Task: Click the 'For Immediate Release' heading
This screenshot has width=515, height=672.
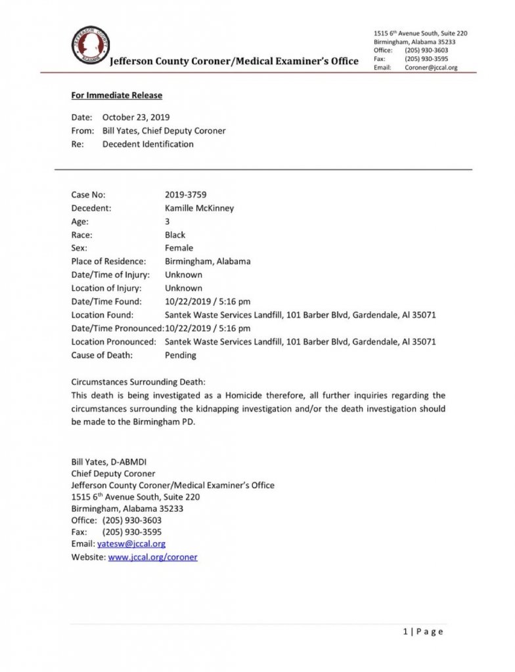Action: tap(116, 95)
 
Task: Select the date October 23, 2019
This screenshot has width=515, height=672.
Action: tap(136, 117)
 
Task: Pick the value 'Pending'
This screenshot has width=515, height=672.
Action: tap(181, 355)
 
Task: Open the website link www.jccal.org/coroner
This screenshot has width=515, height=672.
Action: tap(152, 557)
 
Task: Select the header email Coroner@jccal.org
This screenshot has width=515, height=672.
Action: tap(432, 68)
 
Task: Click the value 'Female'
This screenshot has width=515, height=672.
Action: tap(179, 248)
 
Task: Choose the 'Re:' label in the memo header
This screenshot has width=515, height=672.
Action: tap(78, 144)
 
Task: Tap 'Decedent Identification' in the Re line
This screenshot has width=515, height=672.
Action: tap(148, 144)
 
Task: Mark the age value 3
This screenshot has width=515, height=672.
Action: tap(168, 222)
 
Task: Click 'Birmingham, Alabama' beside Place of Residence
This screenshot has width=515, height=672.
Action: tap(208, 261)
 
